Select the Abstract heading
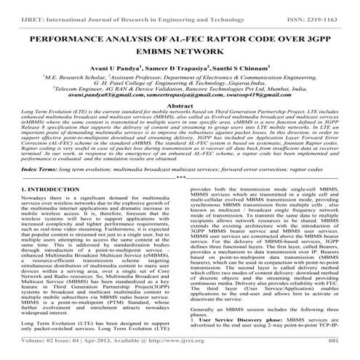tap(179, 105)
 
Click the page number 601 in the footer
tap(334, 351)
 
